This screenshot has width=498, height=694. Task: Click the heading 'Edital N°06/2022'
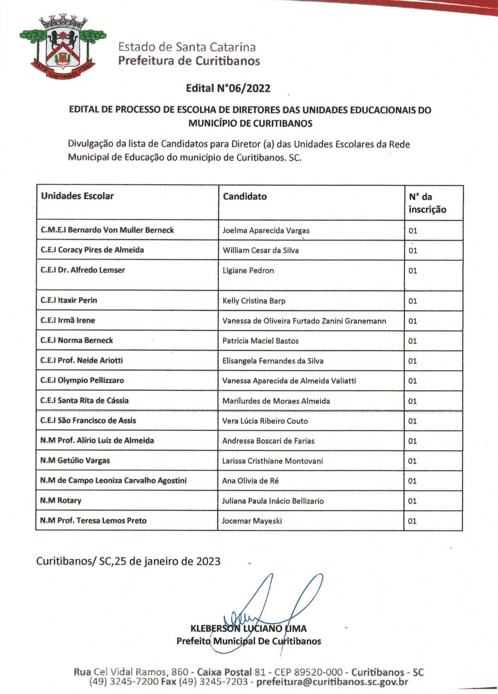pyautogui.click(x=228, y=88)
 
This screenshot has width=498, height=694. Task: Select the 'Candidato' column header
pyautogui.click(x=245, y=196)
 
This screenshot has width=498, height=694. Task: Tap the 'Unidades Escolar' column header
pyautogui.click(x=77, y=196)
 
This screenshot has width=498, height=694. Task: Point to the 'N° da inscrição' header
pyautogui.click(x=427, y=203)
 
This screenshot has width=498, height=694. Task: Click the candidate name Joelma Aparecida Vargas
pyautogui.click(x=266, y=231)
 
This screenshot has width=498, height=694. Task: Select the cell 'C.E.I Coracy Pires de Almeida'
pyautogui.click(x=92, y=250)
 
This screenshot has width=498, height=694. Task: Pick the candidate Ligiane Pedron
pyautogui.click(x=248, y=270)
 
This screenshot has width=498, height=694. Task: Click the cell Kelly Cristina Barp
pyautogui.click(x=254, y=301)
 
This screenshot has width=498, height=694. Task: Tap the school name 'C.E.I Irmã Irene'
pyautogui.click(x=68, y=321)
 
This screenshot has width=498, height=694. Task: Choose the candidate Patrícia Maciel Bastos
pyautogui.click(x=260, y=341)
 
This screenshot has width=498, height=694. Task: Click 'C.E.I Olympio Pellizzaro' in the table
pyautogui.click(x=82, y=381)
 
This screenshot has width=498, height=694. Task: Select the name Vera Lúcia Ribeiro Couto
pyautogui.click(x=265, y=421)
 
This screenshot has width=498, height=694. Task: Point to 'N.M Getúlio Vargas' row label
pyautogui.click(x=75, y=461)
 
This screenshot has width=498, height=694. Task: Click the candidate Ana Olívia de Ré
pyautogui.click(x=250, y=481)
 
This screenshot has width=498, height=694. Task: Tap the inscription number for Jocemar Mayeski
pyautogui.click(x=412, y=521)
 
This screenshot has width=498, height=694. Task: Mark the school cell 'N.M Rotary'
pyautogui.click(x=61, y=501)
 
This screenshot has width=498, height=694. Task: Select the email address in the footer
pyautogui.click(x=332, y=682)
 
